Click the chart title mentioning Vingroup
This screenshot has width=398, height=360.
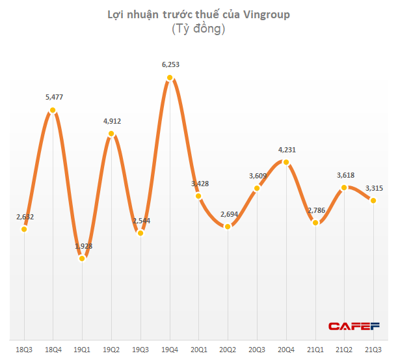pos(198,14)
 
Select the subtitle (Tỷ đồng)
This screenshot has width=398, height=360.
pos(198,29)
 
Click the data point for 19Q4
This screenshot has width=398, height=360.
pos(170,78)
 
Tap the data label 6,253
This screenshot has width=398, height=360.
pos(170,65)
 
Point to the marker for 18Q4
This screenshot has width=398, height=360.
pos(53,111)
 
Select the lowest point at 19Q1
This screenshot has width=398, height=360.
pos(82,258)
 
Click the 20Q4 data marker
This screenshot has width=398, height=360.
pos(286,161)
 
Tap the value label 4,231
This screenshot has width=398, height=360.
pos(286,149)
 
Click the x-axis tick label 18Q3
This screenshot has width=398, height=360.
pos(23,349)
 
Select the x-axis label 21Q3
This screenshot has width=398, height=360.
pos(373,349)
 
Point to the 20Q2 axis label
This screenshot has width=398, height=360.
pos(228,349)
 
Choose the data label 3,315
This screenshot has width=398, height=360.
pos(373,188)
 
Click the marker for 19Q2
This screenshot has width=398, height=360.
pos(111,134)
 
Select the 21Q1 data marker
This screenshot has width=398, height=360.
pos(315,223)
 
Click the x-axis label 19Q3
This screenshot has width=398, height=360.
pos(140,349)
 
